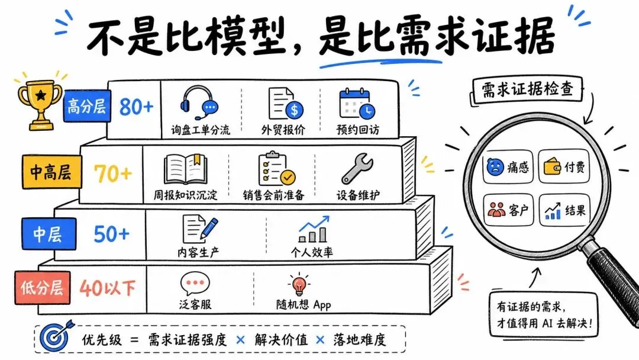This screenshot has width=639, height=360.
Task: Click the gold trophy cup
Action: pyautogui.click(x=40, y=105)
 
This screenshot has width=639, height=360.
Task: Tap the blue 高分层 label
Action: pyautogui.click(x=87, y=107)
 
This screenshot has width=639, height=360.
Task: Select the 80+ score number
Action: pyautogui.click(x=136, y=107)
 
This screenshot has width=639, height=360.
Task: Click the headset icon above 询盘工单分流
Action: pyautogui.click(x=199, y=102)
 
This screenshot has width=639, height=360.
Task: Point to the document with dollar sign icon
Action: pyautogui.click(x=286, y=104)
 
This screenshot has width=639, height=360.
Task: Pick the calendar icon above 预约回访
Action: pyautogui.click(x=357, y=104)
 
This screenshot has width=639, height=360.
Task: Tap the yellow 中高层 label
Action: pyautogui.click(x=51, y=171)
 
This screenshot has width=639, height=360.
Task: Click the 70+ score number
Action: pyautogui.click(x=113, y=173)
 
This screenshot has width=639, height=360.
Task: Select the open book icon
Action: pyautogui.click(x=185, y=169)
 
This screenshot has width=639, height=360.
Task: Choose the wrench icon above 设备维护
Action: pyautogui.click(x=357, y=168)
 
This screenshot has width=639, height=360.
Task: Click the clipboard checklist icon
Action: pyautogui.click(x=277, y=169)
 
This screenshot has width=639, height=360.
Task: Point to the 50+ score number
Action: pyautogui.click(x=111, y=234)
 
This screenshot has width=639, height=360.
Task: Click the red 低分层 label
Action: pyautogui.click(x=43, y=288)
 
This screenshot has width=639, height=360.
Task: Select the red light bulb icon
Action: pyautogui.click(x=299, y=284)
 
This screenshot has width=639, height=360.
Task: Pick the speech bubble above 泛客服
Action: pyautogui.click(x=195, y=284)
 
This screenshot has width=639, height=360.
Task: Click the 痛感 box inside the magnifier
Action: pyautogui.click(x=508, y=167)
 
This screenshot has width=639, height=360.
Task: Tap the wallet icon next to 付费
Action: pyautogui.click(x=553, y=166)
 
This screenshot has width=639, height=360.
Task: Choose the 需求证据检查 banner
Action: pyautogui.click(x=527, y=90)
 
